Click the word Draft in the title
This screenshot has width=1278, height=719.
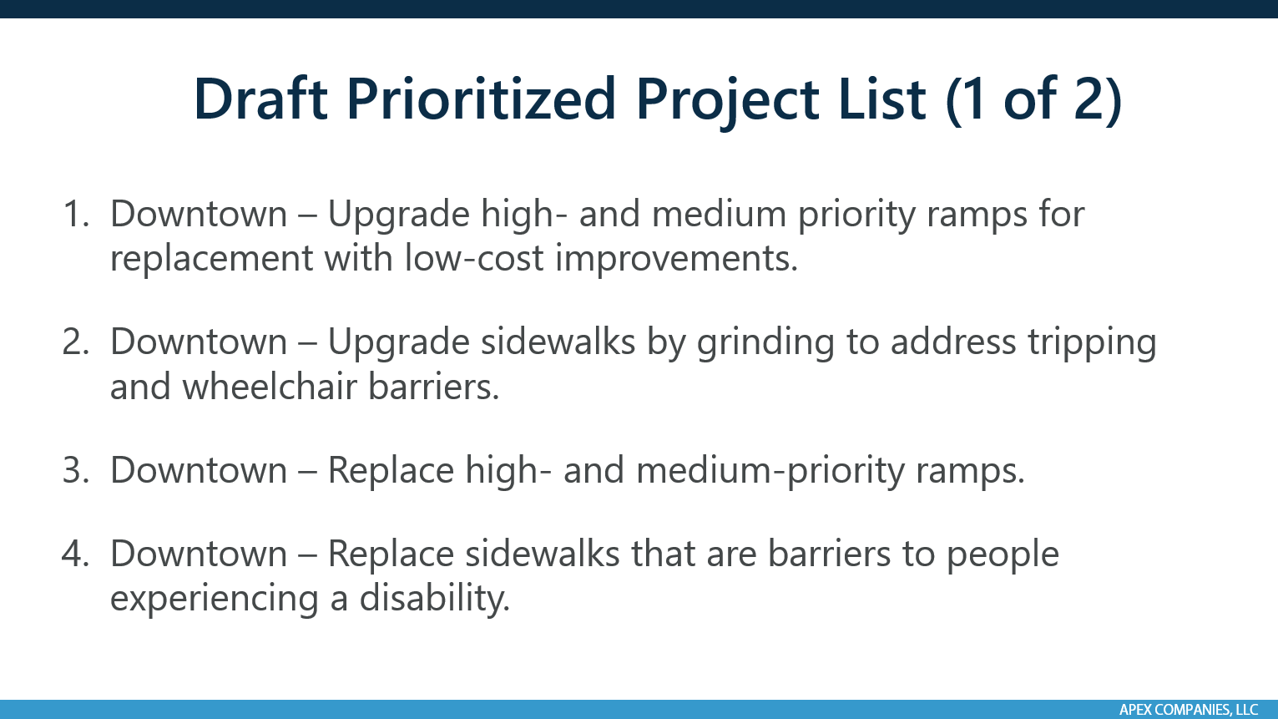tap(260, 99)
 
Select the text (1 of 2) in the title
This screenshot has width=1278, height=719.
tap(1033, 99)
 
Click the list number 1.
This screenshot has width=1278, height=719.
tap(75, 215)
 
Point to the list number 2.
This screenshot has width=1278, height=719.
tap(75, 342)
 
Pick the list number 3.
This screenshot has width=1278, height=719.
tap(75, 470)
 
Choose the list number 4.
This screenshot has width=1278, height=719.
tap(75, 554)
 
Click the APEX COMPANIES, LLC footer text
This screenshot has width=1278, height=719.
tap(1188, 710)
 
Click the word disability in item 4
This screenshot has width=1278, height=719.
tap(434, 599)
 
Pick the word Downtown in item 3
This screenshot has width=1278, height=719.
tap(199, 470)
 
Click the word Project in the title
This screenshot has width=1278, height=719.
tap(780, 100)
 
